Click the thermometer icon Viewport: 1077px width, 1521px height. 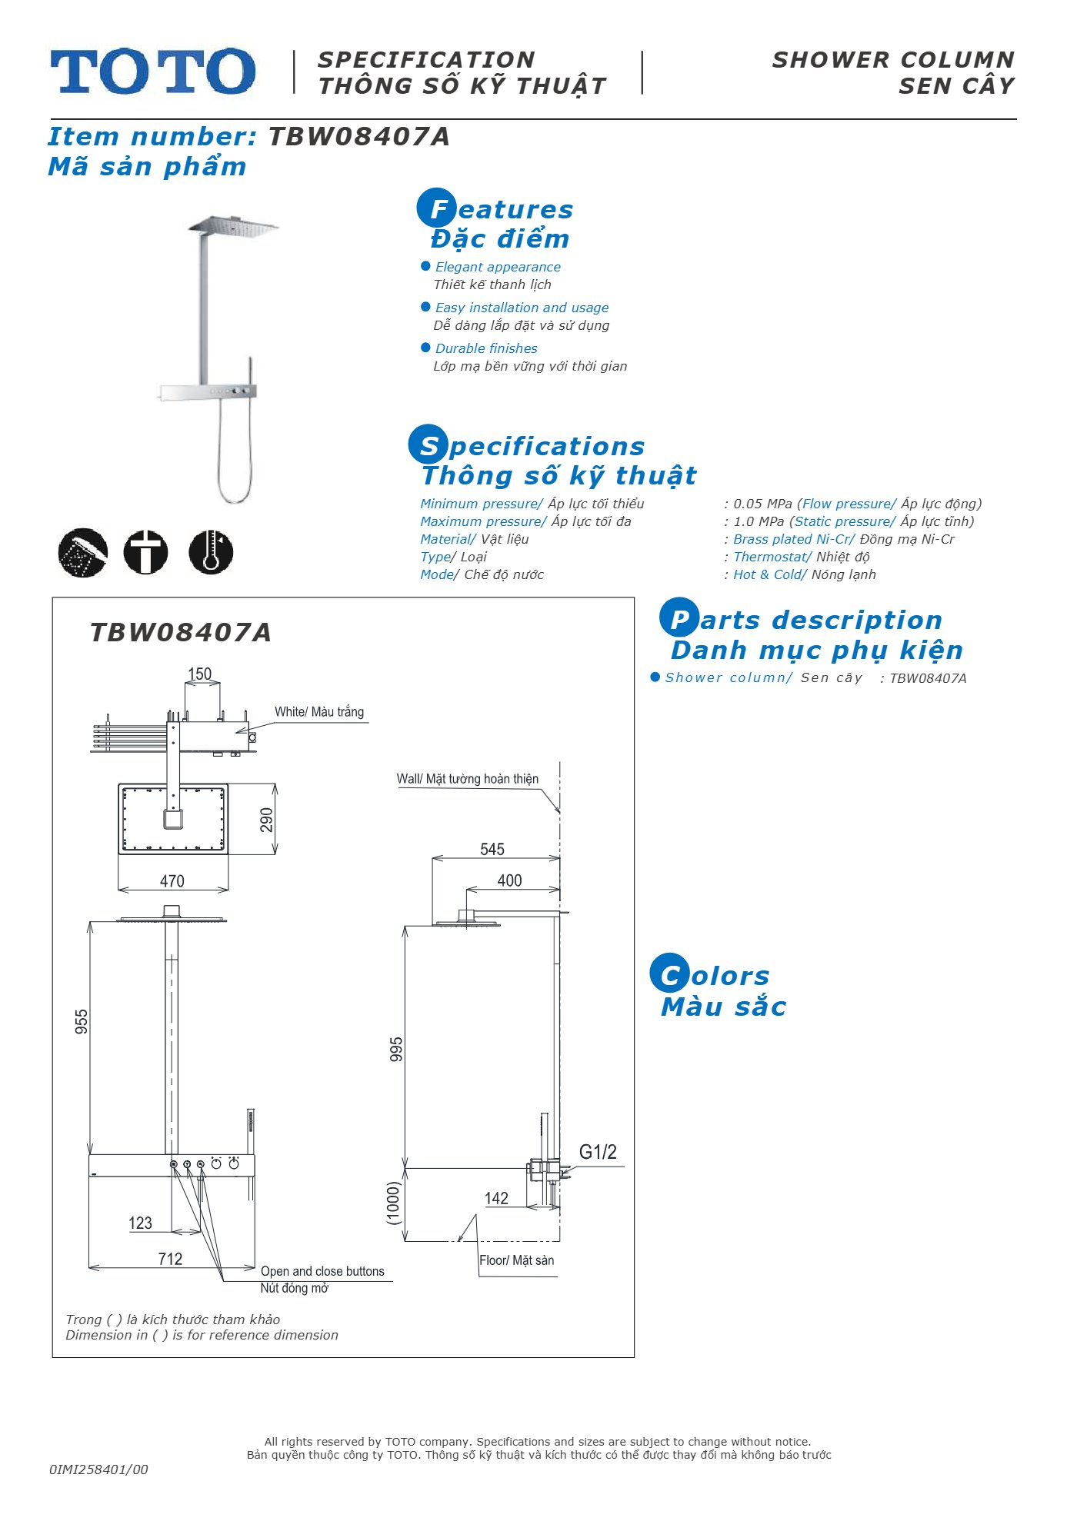point(211,551)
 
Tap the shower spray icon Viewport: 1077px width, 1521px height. point(83,552)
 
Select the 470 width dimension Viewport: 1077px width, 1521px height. point(172,881)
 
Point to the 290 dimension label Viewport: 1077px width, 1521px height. point(266,820)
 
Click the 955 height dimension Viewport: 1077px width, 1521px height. point(82,1022)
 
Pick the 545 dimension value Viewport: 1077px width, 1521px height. point(492,849)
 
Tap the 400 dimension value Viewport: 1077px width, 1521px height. point(509,880)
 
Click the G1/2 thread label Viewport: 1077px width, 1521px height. point(598,1152)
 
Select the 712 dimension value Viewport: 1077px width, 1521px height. point(170,1259)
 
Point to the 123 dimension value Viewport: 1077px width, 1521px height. point(140,1223)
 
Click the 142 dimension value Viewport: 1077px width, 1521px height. point(496,1198)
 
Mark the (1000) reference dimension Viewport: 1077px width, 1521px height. point(394,1203)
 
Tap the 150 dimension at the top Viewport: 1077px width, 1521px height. point(199,674)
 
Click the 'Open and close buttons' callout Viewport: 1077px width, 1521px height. point(322,1271)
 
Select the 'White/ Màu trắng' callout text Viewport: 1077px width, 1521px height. point(319,712)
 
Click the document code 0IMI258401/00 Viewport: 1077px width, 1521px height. point(98,1469)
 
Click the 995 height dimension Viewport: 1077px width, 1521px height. point(396,1050)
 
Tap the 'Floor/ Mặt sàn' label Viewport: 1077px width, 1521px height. point(516,1260)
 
